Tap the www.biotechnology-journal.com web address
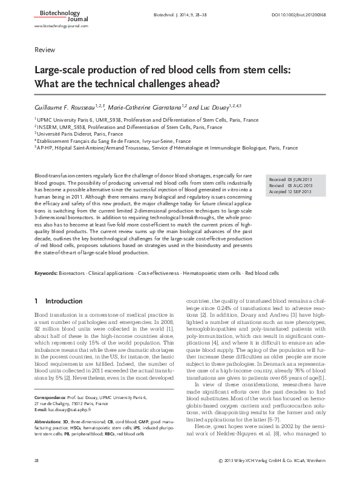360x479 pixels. tap(62, 27)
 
